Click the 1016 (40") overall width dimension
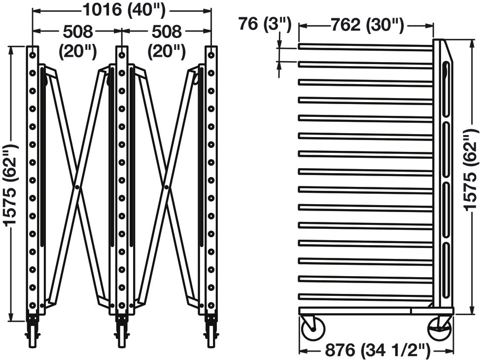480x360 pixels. (124, 10)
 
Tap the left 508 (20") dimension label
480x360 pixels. (78, 41)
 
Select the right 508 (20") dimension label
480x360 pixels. (167, 41)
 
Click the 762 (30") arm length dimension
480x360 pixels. (367, 25)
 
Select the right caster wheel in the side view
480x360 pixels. (440, 329)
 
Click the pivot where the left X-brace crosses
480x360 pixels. (77, 187)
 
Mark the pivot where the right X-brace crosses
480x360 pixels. (166, 187)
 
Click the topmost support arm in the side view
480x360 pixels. (366, 47)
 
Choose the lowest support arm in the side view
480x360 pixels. (366, 296)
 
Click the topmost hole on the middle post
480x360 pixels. (122, 55)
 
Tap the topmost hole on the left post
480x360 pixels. (33, 55)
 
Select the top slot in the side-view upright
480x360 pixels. (446, 89)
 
